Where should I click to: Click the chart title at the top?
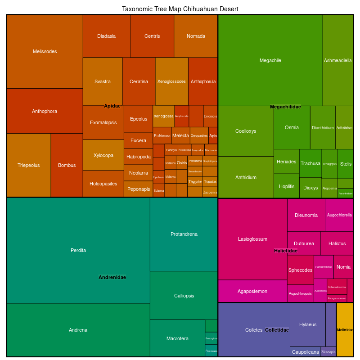tap(180, 9)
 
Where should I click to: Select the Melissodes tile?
tap(45, 51)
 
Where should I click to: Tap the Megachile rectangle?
tap(270, 60)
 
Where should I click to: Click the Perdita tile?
tap(78, 250)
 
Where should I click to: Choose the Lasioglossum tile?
tap(252, 239)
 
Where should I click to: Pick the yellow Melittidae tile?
tap(345, 330)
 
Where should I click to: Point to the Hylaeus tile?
tap(308, 324)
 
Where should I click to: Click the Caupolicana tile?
tap(305, 352)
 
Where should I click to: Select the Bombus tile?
tap(67, 165)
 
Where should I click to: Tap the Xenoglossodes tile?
tap(171, 81)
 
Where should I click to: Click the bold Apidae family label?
tap(112, 106)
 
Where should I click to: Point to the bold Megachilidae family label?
tap(285, 107)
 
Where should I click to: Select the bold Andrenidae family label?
tap(112, 277)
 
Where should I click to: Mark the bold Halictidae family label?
tap(285, 251)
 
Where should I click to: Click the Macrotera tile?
tap(177, 338)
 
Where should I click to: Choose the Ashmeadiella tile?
tap(338, 60)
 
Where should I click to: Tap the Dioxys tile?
tap(310, 188)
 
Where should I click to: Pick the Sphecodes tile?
tap(300, 270)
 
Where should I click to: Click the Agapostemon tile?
tap(252, 291)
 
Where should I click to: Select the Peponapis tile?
tap(139, 189)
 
